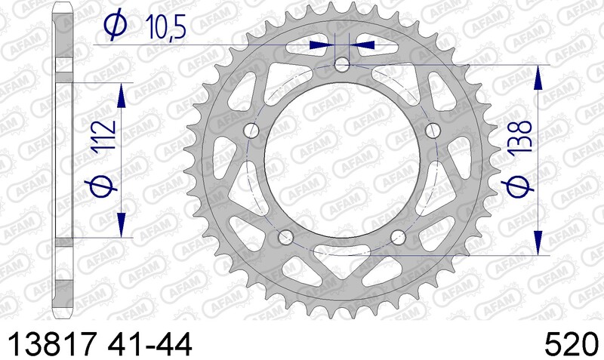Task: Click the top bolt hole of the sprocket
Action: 342,65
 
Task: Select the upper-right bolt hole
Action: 433,131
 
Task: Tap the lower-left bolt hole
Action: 285,238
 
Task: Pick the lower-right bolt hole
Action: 399,238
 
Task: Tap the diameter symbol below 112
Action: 105,186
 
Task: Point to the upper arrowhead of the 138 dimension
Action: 538,76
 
